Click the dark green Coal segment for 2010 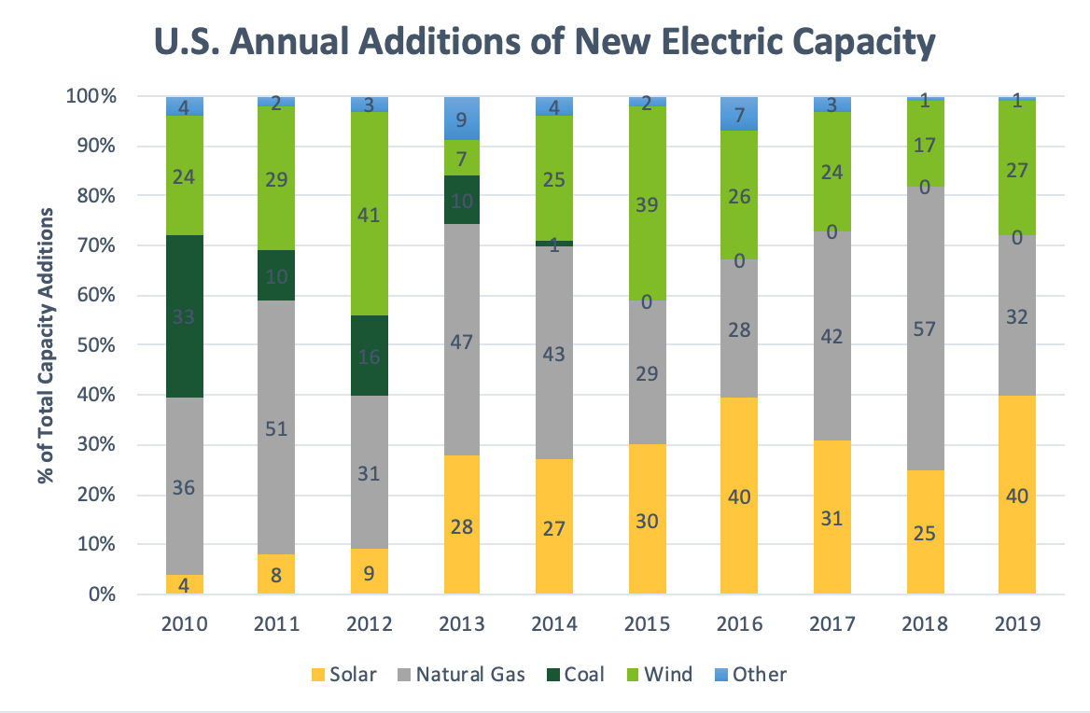pyautogui.click(x=185, y=316)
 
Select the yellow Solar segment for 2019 pyautogui.click(x=1017, y=495)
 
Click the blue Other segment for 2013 pyautogui.click(x=462, y=119)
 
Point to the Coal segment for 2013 pyautogui.click(x=462, y=201)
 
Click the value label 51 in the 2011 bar pyautogui.click(x=277, y=429)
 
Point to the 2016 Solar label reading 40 pyautogui.click(x=739, y=496)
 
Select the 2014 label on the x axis pyautogui.click(x=554, y=623)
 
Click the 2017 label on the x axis pyautogui.click(x=831, y=623)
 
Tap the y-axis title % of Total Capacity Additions pyautogui.click(x=44, y=345)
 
